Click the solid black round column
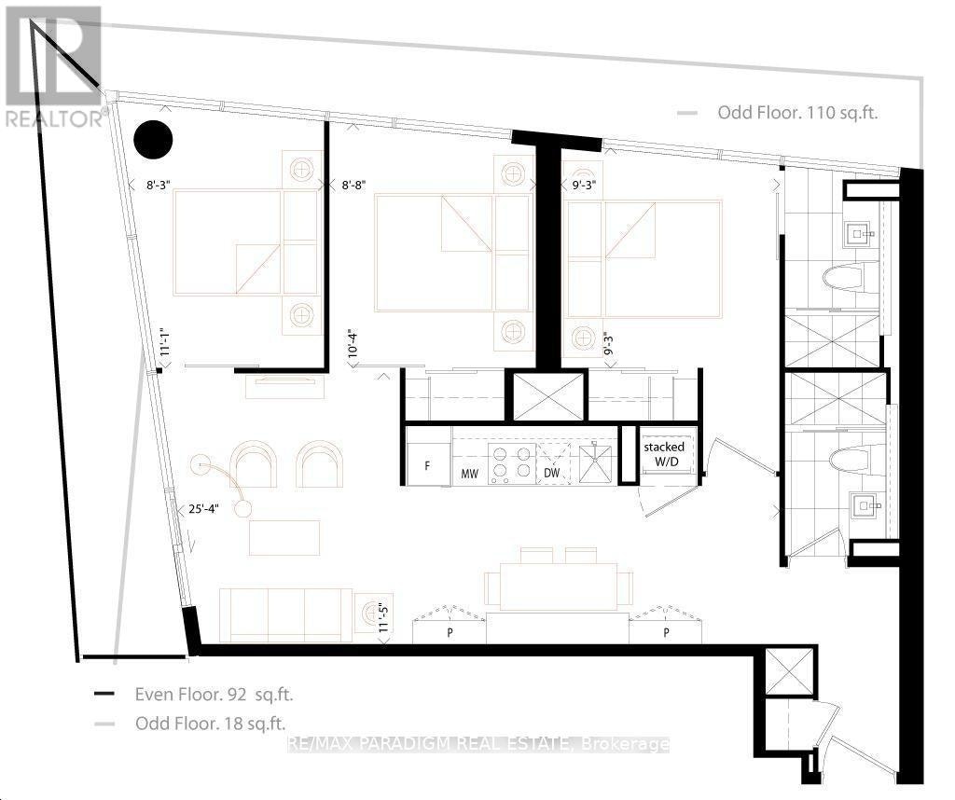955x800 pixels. (154, 140)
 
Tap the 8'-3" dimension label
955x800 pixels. (159, 186)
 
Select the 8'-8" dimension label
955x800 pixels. (353, 186)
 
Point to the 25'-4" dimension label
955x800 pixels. (203, 509)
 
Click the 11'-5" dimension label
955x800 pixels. (383, 617)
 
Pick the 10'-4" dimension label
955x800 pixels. (353, 344)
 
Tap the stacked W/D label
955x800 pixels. (664, 454)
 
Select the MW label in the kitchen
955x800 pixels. (470, 473)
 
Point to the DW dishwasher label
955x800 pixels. (552, 473)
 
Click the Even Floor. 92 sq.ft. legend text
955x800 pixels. (214, 694)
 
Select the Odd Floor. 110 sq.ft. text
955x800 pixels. (798, 113)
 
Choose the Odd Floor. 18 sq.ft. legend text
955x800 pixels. (211, 724)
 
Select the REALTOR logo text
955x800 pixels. (53, 118)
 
